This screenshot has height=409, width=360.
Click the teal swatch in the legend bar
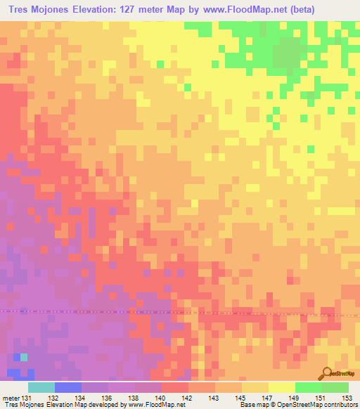[x=41, y=387]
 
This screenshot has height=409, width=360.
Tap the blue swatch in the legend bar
[x=67, y=387]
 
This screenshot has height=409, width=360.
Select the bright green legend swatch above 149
[x=308, y=387]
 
